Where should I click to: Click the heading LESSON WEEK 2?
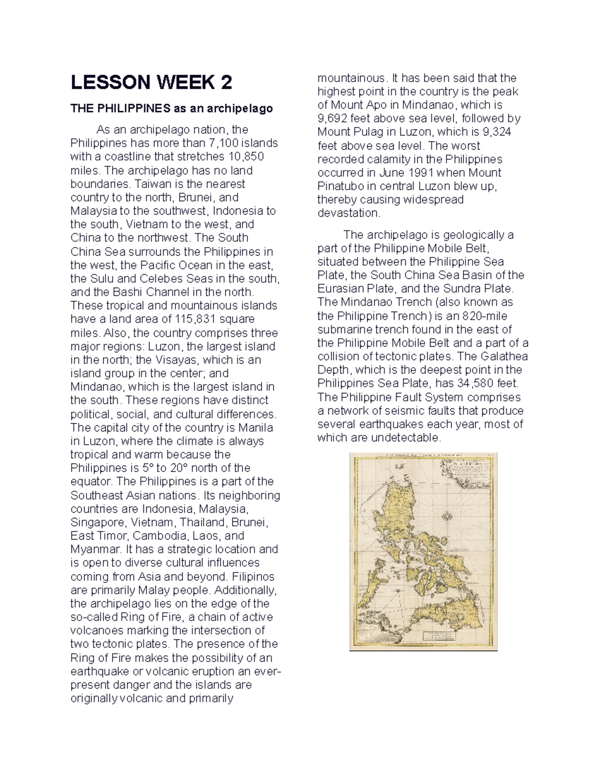pyautogui.click(x=151, y=82)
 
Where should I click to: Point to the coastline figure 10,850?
pyautogui.click(x=245, y=157)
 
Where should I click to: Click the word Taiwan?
pyautogui.click(x=145, y=184)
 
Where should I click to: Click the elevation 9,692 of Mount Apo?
pyautogui.click(x=332, y=119)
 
